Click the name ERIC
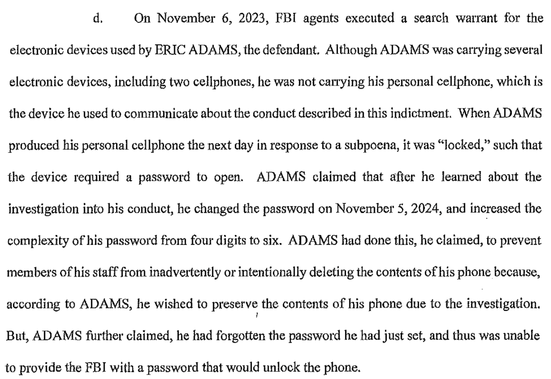(170, 50)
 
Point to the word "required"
(96, 177)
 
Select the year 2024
(425, 209)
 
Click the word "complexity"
(39, 241)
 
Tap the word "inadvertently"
(185, 272)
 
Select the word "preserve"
(235, 304)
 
